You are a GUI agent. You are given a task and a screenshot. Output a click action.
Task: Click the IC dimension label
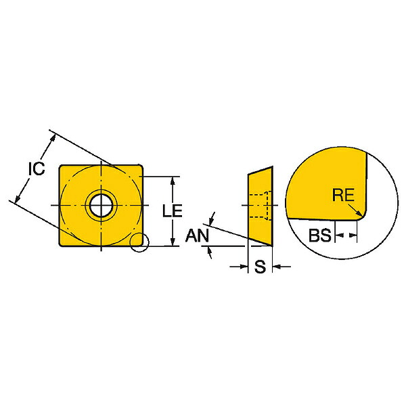point(37,168)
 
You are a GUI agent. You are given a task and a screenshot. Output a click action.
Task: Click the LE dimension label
point(172,210)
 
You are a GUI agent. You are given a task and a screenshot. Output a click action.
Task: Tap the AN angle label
point(197,235)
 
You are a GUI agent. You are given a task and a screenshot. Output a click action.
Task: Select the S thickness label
point(260,267)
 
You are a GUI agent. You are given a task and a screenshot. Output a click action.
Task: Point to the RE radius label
point(343,195)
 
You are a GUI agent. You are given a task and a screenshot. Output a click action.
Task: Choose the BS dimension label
point(320,235)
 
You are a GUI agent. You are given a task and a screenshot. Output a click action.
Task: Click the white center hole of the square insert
point(101,206)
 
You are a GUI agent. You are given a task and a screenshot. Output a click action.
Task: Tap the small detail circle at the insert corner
point(139,242)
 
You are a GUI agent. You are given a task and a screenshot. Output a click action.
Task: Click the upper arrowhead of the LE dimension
point(173,181)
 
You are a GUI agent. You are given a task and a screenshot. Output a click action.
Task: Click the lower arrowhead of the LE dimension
point(173,242)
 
